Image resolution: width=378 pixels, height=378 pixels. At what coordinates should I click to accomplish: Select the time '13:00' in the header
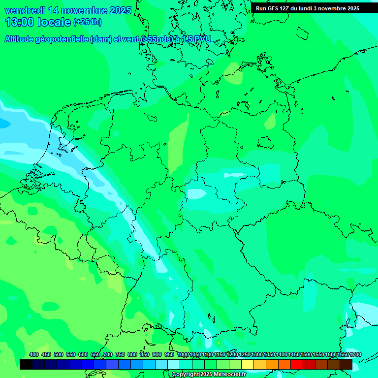point(20,22)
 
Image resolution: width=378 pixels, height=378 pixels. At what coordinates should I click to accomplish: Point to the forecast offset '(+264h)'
point(87,22)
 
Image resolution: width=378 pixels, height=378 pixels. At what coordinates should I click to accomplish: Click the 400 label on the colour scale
point(34,354)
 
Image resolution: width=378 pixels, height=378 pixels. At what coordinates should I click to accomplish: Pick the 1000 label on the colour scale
point(183,354)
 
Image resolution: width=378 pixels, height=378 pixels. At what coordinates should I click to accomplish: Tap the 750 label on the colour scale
point(120,354)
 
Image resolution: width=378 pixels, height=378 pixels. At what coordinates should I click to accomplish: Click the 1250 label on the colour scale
point(244,354)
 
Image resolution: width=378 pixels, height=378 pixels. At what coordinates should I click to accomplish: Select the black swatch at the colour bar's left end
point(26,364)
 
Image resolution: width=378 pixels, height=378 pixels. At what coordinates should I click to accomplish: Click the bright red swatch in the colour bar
point(297,364)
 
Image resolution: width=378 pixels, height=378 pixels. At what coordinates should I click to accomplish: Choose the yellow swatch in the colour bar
point(248,364)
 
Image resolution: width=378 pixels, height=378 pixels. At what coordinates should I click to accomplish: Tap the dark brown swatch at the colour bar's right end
point(346,364)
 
